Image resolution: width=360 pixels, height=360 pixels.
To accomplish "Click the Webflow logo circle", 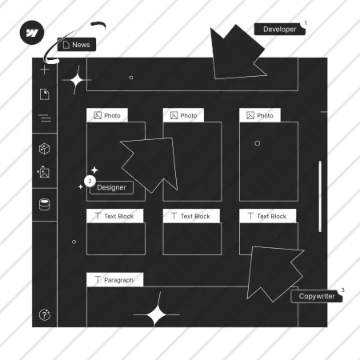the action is click(x=32, y=33).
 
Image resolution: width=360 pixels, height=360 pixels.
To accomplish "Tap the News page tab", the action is click(x=77, y=45).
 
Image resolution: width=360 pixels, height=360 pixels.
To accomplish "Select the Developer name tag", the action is click(x=279, y=29).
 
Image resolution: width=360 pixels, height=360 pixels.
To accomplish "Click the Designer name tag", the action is click(x=111, y=187).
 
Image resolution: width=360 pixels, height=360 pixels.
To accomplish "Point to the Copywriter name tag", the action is click(x=317, y=296).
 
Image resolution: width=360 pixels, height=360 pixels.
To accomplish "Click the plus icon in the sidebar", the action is click(x=45, y=70).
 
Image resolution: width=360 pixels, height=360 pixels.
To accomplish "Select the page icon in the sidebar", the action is click(x=45, y=94).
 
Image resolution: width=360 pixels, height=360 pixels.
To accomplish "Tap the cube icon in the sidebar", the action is click(x=44, y=149).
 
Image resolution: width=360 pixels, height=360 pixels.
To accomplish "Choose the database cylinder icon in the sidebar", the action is click(x=44, y=205).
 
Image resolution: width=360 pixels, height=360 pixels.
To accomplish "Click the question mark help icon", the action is click(x=45, y=314).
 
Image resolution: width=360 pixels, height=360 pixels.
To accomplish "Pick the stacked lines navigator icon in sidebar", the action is click(x=45, y=118).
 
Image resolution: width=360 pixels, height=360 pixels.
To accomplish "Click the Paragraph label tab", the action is click(x=115, y=280).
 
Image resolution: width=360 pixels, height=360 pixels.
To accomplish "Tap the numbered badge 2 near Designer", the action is click(x=90, y=182).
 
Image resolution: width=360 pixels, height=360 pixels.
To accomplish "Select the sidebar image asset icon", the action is click(x=43, y=172).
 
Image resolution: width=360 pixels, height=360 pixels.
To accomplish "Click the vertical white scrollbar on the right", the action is click(x=320, y=197).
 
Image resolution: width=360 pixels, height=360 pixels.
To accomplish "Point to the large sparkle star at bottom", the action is click(x=156, y=314).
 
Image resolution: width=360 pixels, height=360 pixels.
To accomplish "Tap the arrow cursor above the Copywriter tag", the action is click(x=274, y=274).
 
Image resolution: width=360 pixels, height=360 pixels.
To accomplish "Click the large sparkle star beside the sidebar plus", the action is click(x=77, y=80).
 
